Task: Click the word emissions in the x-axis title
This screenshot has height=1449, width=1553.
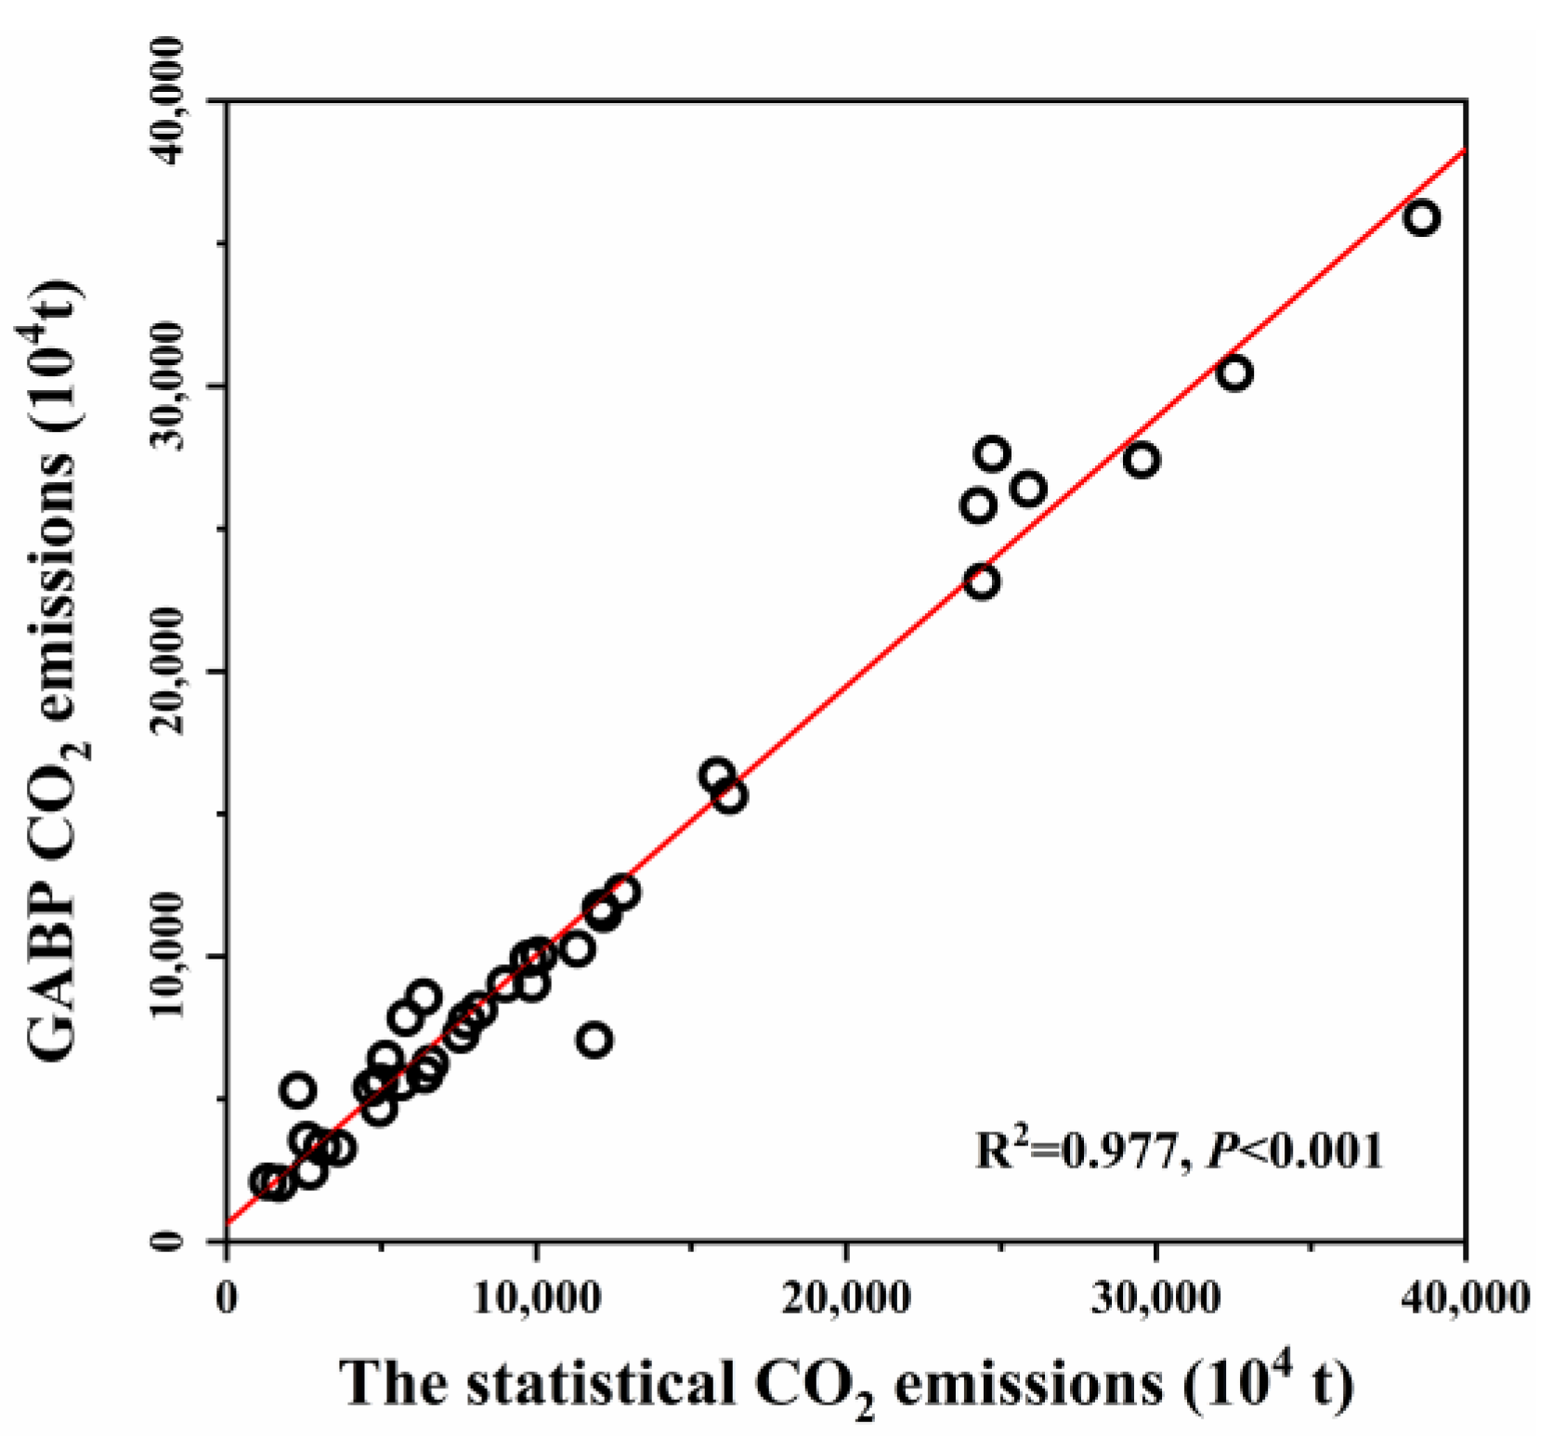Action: coord(1027,1385)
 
